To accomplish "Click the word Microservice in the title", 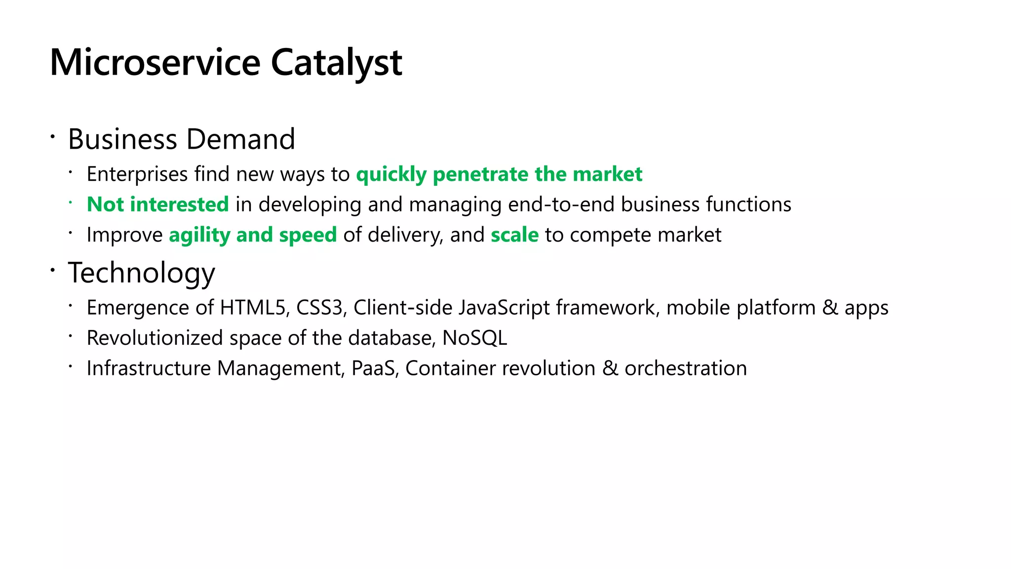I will [x=155, y=63].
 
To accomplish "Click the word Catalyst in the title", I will [x=336, y=63].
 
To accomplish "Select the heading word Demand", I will [x=241, y=139].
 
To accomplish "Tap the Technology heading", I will [x=142, y=273].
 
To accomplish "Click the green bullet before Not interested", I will [x=71, y=202].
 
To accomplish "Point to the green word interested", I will [x=179, y=204].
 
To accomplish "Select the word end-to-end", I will [x=561, y=204].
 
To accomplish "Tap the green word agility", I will [x=199, y=235].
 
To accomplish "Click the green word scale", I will [x=514, y=235].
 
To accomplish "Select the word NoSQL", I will [x=474, y=338].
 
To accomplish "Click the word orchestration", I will [x=686, y=368].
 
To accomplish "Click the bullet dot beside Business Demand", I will [x=52, y=135].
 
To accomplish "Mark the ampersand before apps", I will [x=830, y=308].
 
